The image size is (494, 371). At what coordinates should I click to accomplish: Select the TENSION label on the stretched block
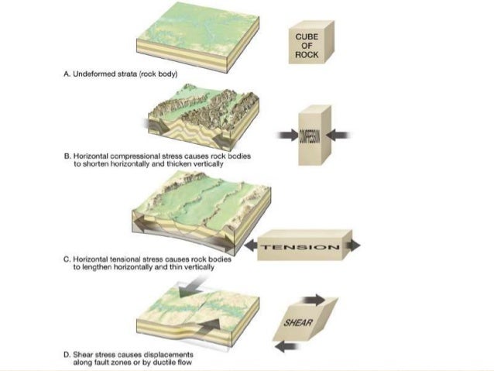pyautogui.click(x=300, y=248)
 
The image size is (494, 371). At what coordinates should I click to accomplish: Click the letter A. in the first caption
pyautogui.click(x=66, y=74)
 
